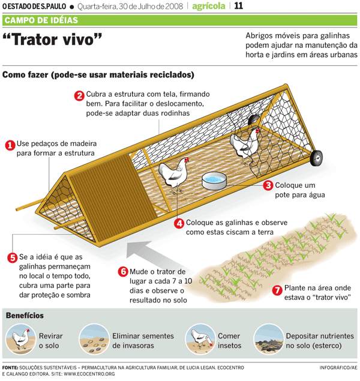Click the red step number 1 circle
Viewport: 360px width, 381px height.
tap(10, 145)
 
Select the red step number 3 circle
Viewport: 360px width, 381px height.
tap(268, 186)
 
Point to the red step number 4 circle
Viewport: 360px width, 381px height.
tap(179, 223)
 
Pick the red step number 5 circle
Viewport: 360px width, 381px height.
tap(12, 257)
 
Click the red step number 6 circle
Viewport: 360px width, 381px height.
tap(123, 272)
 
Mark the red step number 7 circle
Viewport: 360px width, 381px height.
tap(277, 290)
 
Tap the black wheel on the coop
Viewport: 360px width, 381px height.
tap(316, 158)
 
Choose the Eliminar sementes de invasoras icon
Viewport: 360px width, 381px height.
tap(92, 338)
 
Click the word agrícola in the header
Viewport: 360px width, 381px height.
tap(209, 7)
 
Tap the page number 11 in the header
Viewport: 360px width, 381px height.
tap(238, 7)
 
